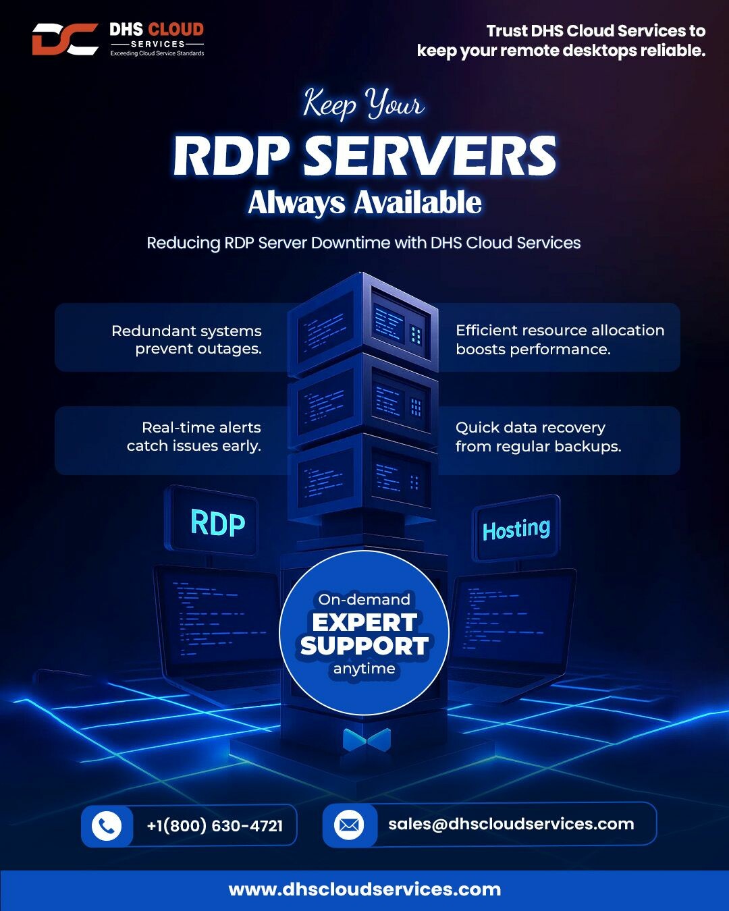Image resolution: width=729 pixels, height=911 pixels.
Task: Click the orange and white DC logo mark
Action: pos(65,39)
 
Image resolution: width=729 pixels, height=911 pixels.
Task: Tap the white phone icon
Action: pos(107,825)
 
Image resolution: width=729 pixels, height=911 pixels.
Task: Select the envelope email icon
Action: pos(349,825)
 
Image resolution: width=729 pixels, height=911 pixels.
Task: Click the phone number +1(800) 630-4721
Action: pos(215,825)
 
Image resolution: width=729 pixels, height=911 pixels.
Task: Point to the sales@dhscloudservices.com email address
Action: pos(511,824)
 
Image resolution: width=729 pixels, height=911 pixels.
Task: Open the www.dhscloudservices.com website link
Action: pos(364,889)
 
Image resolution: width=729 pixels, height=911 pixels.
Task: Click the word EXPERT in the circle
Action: pos(364,622)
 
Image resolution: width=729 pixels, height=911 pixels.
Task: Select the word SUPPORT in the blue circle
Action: pos(364,646)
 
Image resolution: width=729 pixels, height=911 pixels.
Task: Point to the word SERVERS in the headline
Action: pos(429,155)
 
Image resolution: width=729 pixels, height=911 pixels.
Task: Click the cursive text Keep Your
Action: pos(364,104)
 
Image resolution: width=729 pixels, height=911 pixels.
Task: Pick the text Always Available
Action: pos(364,203)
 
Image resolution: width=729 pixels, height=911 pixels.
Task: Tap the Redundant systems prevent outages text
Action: pos(187,339)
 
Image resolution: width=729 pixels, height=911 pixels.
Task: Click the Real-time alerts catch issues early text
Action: pos(194,437)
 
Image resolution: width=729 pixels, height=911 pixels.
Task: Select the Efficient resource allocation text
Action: pos(560,330)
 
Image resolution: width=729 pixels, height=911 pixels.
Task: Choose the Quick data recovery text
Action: pos(531,428)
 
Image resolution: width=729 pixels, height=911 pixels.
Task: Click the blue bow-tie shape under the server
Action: pos(367,740)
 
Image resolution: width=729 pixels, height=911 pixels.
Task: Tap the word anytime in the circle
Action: pos(364,669)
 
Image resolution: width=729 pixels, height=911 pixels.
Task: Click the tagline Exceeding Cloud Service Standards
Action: pos(157,53)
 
